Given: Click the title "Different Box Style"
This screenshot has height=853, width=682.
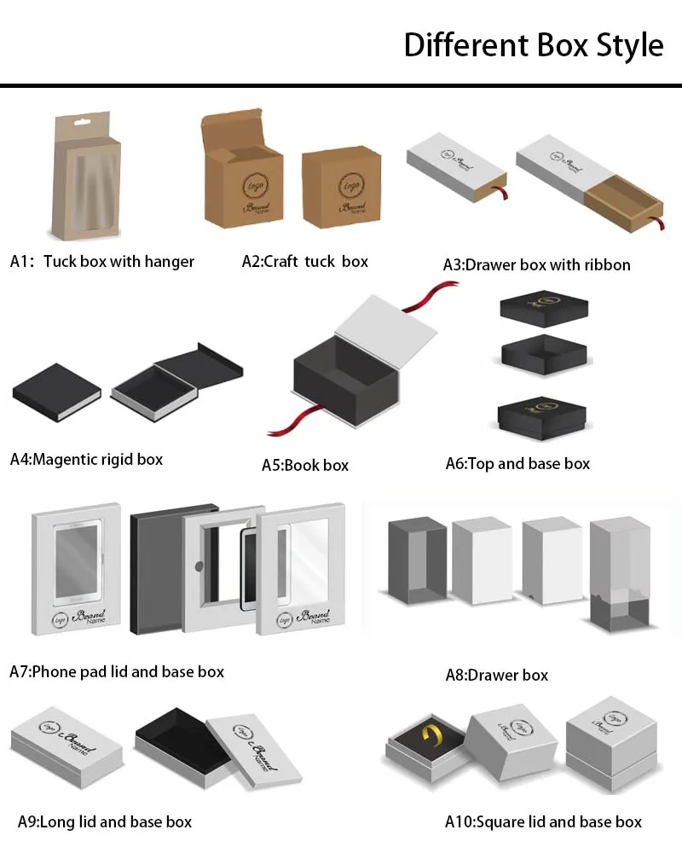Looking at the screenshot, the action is tap(533, 44).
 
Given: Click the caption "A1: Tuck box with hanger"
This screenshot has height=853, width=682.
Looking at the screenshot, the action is tap(102, 262).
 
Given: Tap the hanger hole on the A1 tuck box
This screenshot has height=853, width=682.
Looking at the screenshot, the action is tap(82, 122).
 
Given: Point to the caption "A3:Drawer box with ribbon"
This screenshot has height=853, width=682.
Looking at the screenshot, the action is tap(536, 264).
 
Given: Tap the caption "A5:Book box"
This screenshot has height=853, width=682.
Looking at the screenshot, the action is tap(304, 465).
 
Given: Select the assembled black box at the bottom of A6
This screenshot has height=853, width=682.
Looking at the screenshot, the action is tap(541, 417).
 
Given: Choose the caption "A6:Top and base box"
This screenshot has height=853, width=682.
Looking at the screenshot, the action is tap(517, 464).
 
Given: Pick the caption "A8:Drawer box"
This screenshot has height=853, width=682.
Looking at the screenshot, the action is tap(496, 675).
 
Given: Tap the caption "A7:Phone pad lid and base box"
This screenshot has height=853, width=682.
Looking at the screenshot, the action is tap(117, 671).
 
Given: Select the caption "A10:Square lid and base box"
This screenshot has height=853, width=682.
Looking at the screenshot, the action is tap(543, 822).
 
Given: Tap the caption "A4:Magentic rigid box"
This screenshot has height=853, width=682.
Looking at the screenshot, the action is tap(86, 459).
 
